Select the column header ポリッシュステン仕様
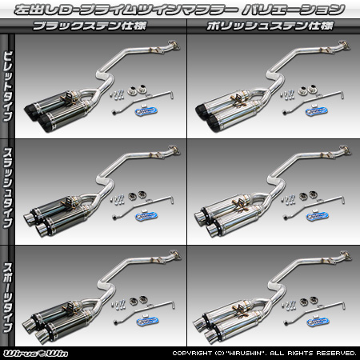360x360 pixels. point(272,26)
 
